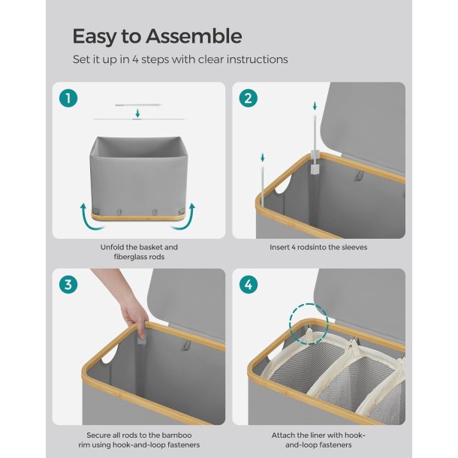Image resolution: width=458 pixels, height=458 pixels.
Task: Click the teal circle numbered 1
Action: (68, 98)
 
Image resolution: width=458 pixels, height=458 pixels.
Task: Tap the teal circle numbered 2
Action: (249, 98)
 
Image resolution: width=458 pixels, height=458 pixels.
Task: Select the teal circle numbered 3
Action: (68, 285)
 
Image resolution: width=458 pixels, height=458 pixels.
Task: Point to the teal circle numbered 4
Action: (249, 285)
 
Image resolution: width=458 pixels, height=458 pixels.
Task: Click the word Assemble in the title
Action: (194, 36)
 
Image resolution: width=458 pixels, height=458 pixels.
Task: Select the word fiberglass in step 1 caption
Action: (128, 257)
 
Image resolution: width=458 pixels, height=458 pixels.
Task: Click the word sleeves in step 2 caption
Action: (354, 248)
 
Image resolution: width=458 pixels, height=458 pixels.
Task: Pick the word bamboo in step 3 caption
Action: (178, 435)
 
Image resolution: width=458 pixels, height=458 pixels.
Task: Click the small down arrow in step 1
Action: (138, 113)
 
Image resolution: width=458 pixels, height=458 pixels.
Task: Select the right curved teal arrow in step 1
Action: (185, 216)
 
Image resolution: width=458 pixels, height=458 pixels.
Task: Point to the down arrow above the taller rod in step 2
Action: (315, 106)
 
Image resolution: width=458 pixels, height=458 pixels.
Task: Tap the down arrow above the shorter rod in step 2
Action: (262, 158)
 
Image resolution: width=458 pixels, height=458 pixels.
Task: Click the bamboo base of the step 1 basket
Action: (137, 216)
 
